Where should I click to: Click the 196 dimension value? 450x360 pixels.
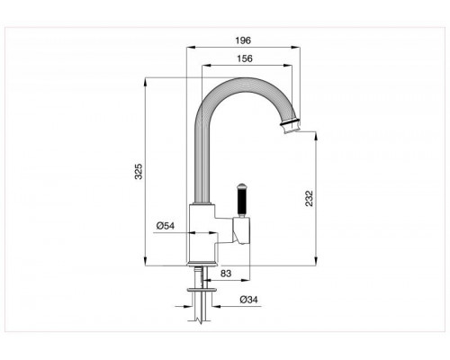coord(243,40)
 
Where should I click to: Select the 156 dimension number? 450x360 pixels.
coord(245,58)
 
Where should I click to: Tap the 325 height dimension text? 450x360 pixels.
coord(139,172)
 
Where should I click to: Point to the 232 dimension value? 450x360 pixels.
coord(309,199)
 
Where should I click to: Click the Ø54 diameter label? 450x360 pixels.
coord(166,226)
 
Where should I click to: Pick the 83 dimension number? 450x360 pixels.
coord(226,274)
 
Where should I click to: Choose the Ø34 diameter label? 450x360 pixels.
coord(248,300)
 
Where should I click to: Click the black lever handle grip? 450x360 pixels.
coord(240,201)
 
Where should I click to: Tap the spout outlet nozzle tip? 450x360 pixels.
coord(290,128)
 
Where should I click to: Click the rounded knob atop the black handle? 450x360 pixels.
coord(240,185)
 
